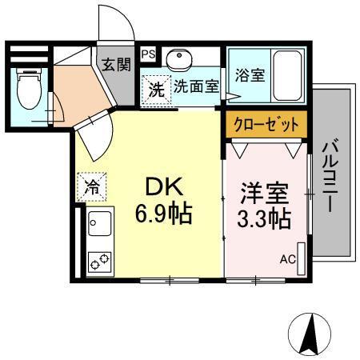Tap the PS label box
point(148,54)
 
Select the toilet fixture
point(29,86)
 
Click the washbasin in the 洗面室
point(178,60)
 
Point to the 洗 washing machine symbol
point(156,89)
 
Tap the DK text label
point(164,187)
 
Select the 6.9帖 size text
point(164,214)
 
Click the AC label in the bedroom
point(286,259)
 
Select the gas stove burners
point(99,261)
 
